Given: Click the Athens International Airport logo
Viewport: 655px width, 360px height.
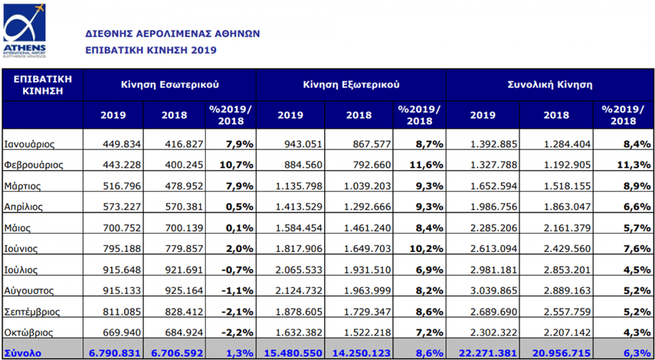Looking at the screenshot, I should (25, 30).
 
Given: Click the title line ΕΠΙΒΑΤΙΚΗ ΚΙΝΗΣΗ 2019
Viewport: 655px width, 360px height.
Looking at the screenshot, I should (151, 50).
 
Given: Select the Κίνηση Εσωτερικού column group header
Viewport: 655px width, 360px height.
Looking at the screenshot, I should (170, 85).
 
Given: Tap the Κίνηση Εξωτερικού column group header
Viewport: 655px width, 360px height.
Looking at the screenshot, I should (351, 85).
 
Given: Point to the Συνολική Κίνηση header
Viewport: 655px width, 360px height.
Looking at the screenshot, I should (550, 85).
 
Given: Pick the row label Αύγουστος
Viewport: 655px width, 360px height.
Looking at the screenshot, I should (30, 291).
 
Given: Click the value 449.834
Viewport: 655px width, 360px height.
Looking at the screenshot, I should (122, 145).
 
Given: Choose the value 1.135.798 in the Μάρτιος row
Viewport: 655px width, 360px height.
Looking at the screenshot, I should (299, 186).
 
